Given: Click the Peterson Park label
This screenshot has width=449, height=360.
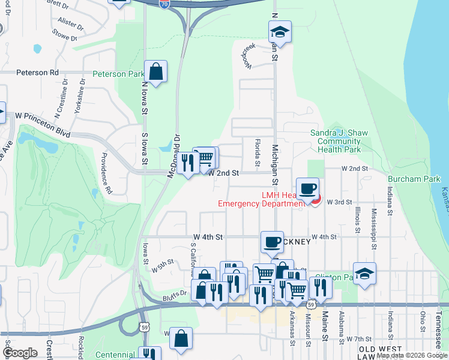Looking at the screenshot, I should click(118, 74).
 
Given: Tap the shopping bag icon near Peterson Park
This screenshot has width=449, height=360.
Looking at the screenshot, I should click(155, 71).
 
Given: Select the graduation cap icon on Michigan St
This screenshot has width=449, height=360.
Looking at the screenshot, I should click(280, 31).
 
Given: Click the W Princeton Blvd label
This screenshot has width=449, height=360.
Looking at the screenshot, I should click(43, 115).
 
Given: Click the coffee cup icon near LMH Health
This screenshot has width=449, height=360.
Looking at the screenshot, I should click(308, 188).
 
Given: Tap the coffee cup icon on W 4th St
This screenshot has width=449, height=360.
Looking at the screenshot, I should click(272, 242).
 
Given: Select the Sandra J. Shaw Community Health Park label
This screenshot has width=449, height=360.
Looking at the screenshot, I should click(339, 141).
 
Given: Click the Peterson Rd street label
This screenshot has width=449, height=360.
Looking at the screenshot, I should click(38, 73).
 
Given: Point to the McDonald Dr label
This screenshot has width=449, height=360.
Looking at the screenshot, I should click(176, 150).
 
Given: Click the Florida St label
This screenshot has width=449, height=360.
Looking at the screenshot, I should click(256, 152).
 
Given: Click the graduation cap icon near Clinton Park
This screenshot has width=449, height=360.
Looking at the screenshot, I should click(364, 274).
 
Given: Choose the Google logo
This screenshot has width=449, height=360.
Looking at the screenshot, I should click(20, 353).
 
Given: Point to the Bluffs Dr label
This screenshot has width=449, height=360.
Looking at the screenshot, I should click(175, 296).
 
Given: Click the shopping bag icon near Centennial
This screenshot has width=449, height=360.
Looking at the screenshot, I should click(181, 338).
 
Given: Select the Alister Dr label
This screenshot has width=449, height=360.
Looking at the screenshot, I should click(71, 24).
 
